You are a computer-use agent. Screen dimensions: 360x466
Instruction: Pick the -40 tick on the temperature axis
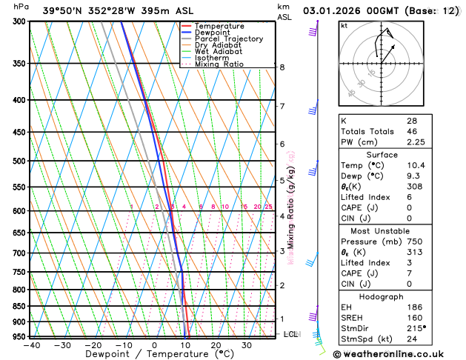(31, 344)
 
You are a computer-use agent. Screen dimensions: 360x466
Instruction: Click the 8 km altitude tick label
(282, 67)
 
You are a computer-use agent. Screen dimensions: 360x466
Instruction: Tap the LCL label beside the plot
(291, 335)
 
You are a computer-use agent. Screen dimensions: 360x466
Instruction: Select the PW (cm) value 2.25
(416, 142)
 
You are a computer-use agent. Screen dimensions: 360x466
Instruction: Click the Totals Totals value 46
(411, 131)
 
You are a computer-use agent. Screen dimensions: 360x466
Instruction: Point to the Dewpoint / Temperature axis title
(153, 354)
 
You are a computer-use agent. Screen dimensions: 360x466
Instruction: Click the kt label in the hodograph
(344, 25)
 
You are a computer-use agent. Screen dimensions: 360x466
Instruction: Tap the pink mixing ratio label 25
(268, 207)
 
